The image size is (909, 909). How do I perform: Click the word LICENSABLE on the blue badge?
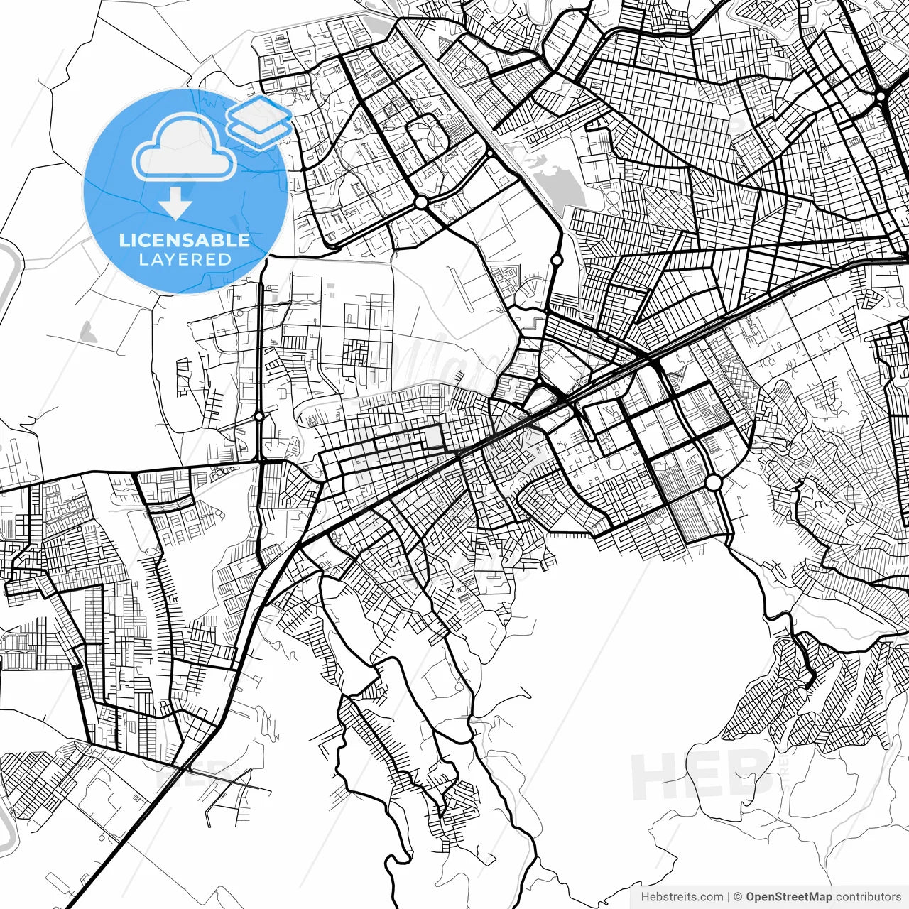185,240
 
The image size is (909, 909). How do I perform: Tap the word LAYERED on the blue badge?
185,259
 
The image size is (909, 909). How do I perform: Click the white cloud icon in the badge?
185,149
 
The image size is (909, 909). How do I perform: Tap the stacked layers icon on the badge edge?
259,122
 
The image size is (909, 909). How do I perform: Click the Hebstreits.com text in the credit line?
682,897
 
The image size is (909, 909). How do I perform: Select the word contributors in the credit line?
868,897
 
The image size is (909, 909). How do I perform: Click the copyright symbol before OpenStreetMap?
738,897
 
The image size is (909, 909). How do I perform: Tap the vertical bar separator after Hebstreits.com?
729,897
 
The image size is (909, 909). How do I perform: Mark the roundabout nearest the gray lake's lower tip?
557,260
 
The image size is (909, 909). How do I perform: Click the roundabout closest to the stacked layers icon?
421,203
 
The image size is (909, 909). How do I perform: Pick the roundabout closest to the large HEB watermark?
714,483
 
